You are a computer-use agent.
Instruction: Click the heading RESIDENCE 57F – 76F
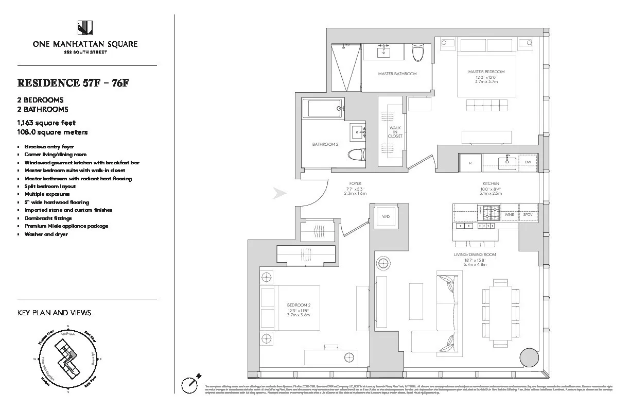73,83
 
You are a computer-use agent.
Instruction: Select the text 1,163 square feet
46,123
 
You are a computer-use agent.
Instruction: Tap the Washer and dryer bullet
46,234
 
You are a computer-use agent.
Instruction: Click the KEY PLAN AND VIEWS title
54,313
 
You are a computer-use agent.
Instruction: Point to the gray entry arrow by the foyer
279,194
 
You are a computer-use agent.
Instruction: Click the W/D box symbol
386,217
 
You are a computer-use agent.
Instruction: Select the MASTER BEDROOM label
486,72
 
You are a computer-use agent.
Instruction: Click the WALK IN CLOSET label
395,132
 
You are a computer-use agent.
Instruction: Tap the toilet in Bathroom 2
356,155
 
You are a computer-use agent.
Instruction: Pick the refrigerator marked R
470,162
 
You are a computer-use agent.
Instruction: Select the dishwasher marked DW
528,162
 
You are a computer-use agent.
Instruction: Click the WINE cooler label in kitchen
509,214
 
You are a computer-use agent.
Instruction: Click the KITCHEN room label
491,183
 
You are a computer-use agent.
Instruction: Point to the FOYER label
355,183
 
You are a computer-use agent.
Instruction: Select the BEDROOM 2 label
299,305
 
